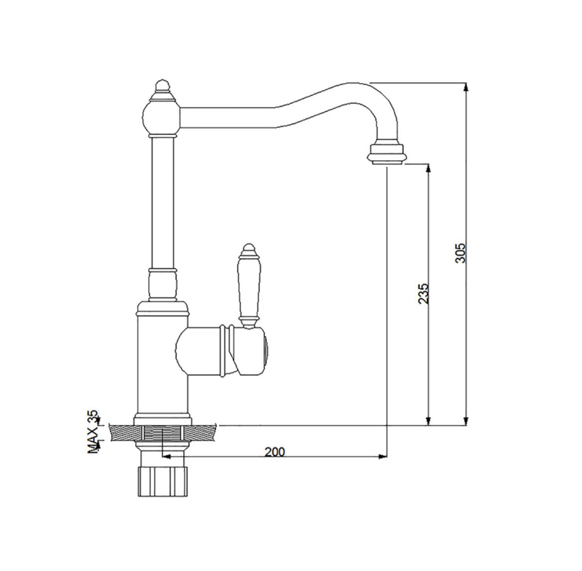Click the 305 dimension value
(460, 253)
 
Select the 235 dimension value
(423, 294)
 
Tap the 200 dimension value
(275, 452)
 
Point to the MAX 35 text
(93, 432)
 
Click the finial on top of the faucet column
(161, 91)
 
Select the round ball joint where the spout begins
(162, 118)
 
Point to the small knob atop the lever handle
(248, 251)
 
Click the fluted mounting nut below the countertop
(163, 481)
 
